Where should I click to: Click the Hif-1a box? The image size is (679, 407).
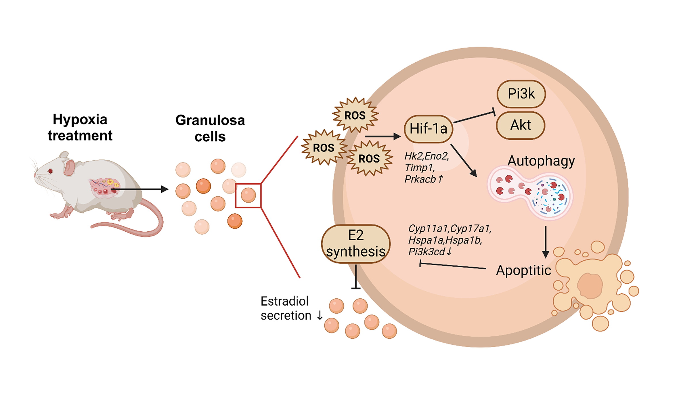pos(428,129)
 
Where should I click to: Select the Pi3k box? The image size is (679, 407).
pos(521,94)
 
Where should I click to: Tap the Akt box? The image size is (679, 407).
pos(520,125)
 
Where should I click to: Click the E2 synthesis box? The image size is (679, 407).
pos(355,244)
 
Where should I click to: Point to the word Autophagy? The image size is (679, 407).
pos(541,161)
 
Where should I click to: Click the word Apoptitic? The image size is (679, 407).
pos(523,270)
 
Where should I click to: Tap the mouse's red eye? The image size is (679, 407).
pos(51,171)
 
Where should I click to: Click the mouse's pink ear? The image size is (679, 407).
pos(69,167)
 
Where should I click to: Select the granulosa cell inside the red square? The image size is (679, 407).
pos(248,195)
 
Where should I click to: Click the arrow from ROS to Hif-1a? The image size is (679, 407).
pos(382,137)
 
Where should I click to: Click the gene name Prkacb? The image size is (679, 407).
pos(420,179)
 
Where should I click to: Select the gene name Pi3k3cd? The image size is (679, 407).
pos(426,252)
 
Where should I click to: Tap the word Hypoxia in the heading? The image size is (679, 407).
pos(80,119)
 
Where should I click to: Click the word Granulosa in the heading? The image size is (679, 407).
pos(210,120)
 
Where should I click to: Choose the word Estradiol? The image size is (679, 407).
pos(284,301)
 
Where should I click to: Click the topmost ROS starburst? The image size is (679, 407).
pos(355,115)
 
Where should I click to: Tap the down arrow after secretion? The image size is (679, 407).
pos(320,316)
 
